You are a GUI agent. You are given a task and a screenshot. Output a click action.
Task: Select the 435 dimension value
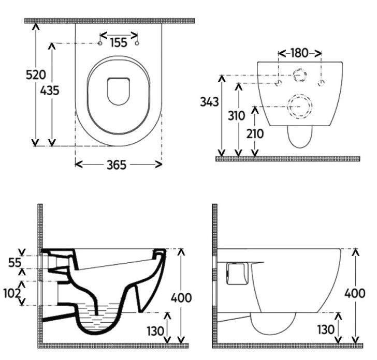pyautogui.click(x=50, y=91)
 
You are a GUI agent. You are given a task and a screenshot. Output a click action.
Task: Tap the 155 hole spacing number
pyautogui.click(x=119, y=42)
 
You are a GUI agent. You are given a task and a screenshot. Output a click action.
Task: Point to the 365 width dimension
pyautogui.click(x=117, y=165)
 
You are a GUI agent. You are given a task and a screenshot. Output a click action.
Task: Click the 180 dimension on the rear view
pyautogui.click(x=299, y=53)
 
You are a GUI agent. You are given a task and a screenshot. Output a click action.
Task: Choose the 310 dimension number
pyautogui.click(x=237, y=116)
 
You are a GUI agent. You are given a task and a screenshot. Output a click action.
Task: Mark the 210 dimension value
pyautogui.click(x=255, y=133)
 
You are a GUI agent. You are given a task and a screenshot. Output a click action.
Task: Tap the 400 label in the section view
pyautogui.click(x=181, y=298)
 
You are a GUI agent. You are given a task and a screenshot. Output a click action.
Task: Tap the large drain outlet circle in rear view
pyautogui.click(x=299, y=107)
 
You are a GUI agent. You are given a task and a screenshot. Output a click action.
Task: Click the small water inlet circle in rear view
pyautogui.click(x=299, y=75)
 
